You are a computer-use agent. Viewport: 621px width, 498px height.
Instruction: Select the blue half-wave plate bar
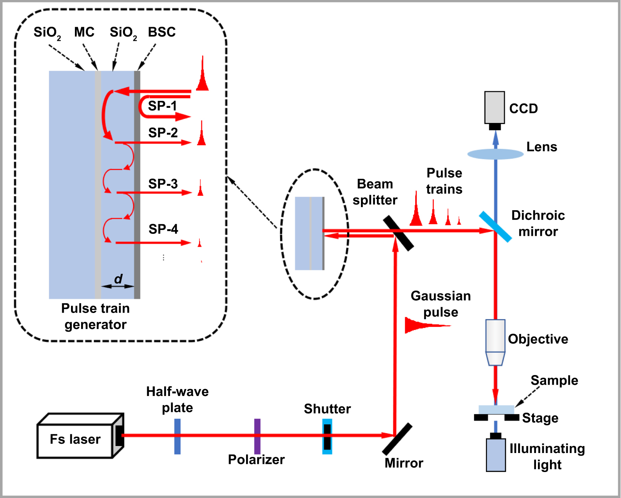tap(177, 436)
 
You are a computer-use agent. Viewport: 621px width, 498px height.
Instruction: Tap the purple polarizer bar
tap(257, 436)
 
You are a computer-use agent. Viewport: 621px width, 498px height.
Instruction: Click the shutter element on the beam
tap(327, 436)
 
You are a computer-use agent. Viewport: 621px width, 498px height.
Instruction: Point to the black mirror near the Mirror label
tap(397, 439)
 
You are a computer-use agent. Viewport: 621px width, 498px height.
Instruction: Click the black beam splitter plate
tap(399, 233)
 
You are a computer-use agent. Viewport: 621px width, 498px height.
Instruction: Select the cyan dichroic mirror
tap(495, 227)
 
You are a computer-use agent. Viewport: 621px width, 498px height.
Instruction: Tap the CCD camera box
tap(494, 107)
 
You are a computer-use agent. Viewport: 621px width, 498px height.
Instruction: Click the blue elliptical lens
tap(495, 154)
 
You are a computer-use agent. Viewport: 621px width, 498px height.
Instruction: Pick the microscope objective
tap(495, 341)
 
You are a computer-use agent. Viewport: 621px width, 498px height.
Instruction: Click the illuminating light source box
tap(496, 455)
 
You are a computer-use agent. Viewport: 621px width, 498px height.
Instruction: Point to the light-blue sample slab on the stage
tap(496, 410)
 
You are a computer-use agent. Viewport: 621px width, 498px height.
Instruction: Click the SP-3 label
tap(163, 183)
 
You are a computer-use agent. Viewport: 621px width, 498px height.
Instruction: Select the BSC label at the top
tap(162, 32)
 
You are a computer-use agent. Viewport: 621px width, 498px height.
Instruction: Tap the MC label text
tap(84, 32)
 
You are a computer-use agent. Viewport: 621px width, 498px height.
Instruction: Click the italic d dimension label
tap(118, 278)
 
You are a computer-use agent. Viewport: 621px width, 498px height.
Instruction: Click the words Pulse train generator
tap(95, 316)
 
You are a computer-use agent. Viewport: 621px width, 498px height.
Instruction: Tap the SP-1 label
tap(162, 105)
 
